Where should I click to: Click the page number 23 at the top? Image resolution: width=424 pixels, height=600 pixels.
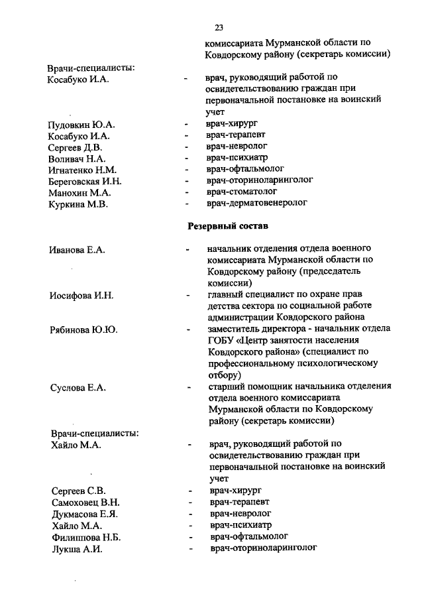coord(219,27)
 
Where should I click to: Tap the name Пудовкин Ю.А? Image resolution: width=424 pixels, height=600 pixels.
coord(81,125)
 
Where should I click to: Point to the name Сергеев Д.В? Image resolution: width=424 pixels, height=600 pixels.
coord(75,147)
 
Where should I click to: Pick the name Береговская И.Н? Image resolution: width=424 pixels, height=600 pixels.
coord(85,181)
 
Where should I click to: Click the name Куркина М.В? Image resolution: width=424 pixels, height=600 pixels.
coord(78,204)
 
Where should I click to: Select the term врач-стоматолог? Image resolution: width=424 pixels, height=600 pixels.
coord(242,192)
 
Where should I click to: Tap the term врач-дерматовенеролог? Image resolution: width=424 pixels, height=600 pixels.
coord(257,203)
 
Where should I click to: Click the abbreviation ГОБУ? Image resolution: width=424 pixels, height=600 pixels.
coord(222,340)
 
